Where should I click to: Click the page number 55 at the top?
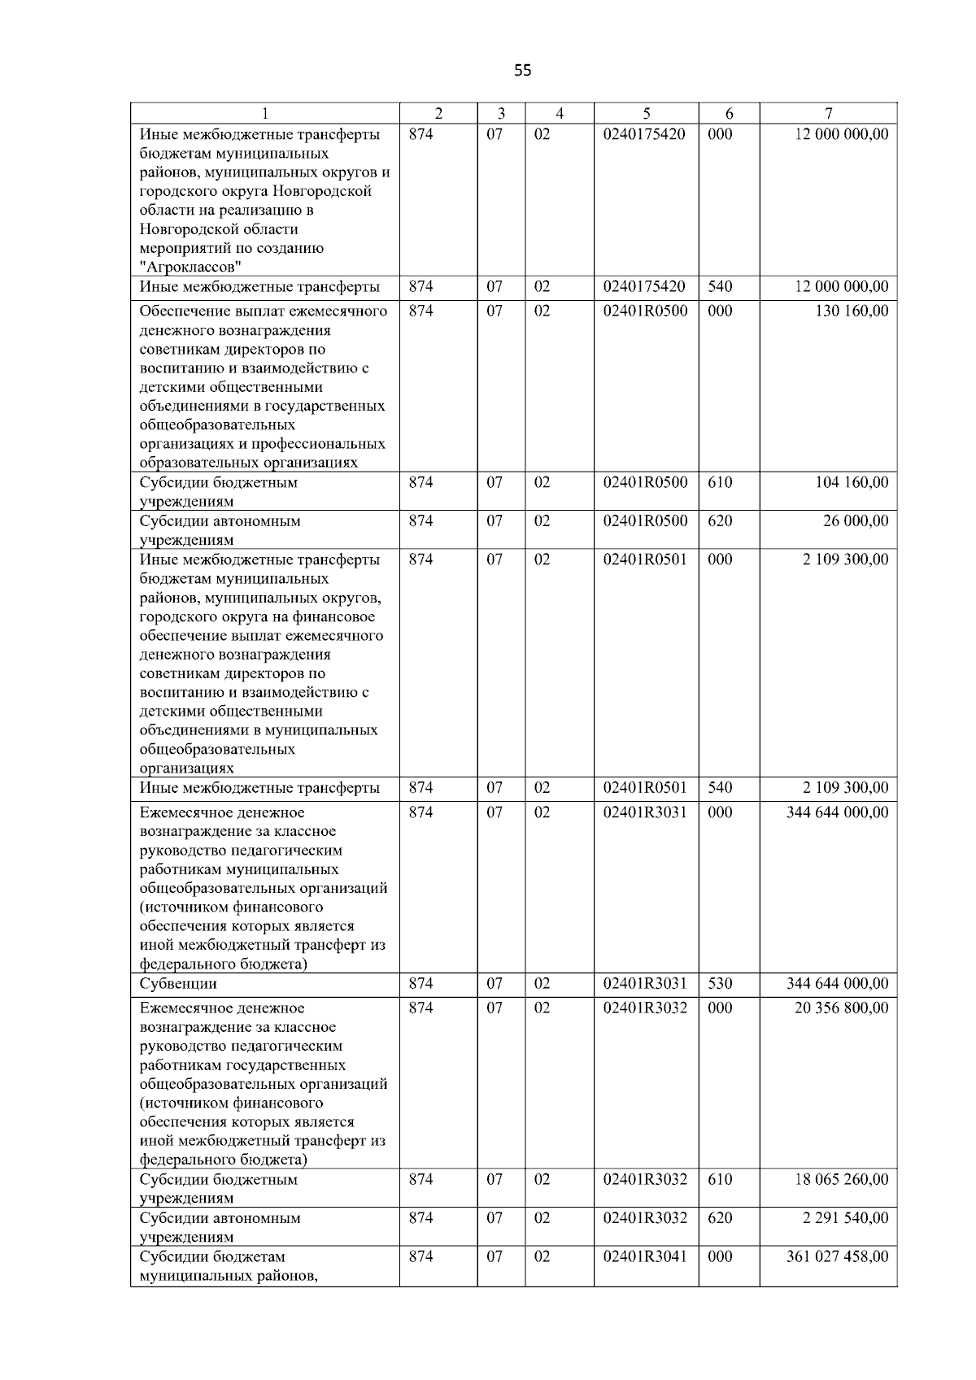(523, 71)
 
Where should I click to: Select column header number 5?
(646, 114)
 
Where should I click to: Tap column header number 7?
(828, 114)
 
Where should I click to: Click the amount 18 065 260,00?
(841, 1179)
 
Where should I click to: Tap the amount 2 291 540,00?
(845, 1218)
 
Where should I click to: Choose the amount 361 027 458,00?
(837, 1256)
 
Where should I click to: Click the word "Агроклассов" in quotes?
(191, 268)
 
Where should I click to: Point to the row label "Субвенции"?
(178, 984)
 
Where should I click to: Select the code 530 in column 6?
(720, 984)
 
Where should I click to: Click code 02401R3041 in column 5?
(645, 1256)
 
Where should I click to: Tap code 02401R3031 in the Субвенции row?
(645, 984)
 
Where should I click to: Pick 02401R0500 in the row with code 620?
(645, 521)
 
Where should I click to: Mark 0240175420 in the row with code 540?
(645, 287)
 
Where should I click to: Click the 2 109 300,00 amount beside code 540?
(845, 788)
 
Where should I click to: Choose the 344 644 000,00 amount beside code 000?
(837, 812)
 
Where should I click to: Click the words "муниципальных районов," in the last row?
(228, 1275)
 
